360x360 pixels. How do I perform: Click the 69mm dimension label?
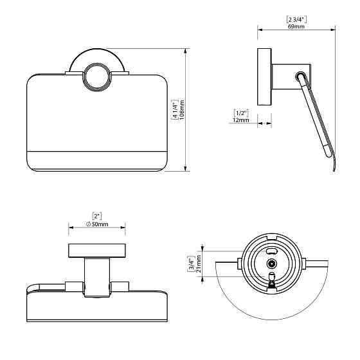tap(296, 26)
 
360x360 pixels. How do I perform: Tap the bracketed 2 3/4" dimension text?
tap(296, 19)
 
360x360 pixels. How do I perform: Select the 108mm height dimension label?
tap(181, 110)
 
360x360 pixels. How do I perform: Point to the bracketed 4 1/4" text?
tap(175, 110)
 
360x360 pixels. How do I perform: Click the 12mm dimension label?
tap(241, 120)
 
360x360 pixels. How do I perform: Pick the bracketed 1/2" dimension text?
tap(241, 113)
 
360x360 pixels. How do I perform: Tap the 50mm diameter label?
tap(100, 224)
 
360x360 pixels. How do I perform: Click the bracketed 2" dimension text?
tap(97, 216)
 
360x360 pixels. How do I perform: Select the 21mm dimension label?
tap(199, 264)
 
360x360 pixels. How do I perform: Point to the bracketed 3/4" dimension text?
tap(192, 264)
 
